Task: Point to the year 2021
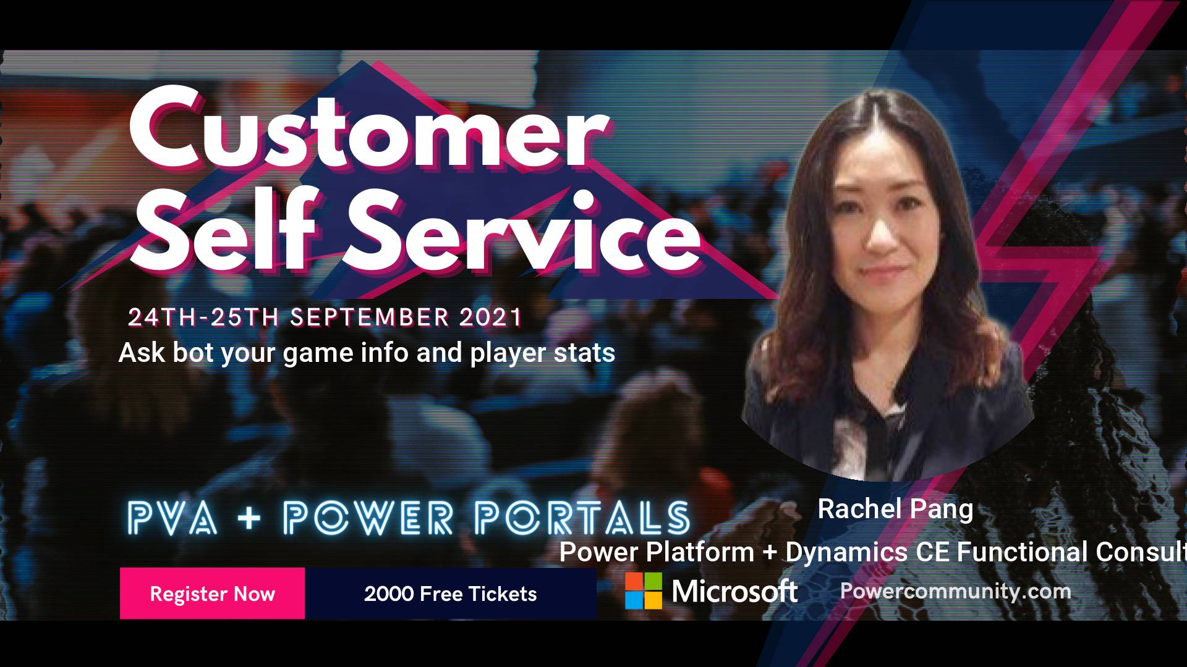tap(491, 317)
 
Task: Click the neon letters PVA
tap(172, 518)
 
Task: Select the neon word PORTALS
tap(582, 518)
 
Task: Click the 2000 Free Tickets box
tap(451, 594)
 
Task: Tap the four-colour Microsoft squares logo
tap(643, 591)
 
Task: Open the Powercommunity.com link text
tap(956, 591)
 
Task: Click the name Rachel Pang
tap(895, 510)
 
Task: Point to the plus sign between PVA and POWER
tap(249, 518)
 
